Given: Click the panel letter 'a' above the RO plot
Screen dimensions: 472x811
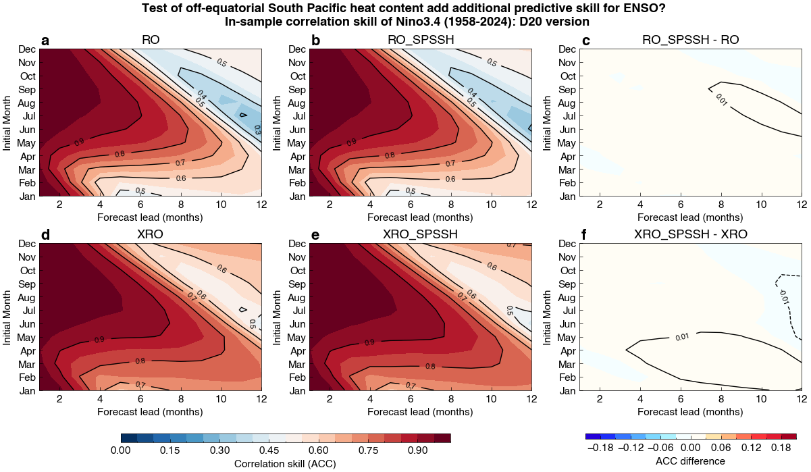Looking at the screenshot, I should [x=45, y=41].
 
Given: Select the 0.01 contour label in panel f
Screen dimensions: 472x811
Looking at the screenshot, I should [x=682, y=336].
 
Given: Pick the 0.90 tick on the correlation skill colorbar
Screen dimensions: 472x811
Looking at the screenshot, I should [x=417, y=450].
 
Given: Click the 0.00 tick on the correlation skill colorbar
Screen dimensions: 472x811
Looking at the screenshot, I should [x=120, y=450].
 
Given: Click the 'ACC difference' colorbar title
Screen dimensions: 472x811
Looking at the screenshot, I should [x=691, y=461].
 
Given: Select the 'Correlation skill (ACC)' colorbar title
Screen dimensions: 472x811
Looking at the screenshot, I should [x=285, y=463].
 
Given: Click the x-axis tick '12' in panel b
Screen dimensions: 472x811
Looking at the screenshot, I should [x=531, y=204].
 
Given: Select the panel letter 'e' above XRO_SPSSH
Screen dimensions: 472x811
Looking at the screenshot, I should [x=315, y=235].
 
